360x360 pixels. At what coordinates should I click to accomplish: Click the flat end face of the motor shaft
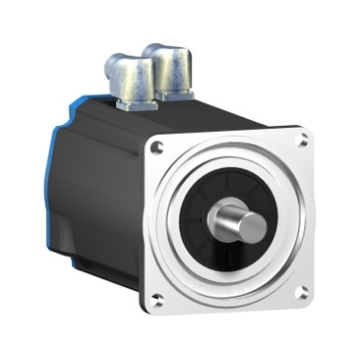click(x=252, y=226)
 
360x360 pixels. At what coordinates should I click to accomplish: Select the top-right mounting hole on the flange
click(x=302, y=141)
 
